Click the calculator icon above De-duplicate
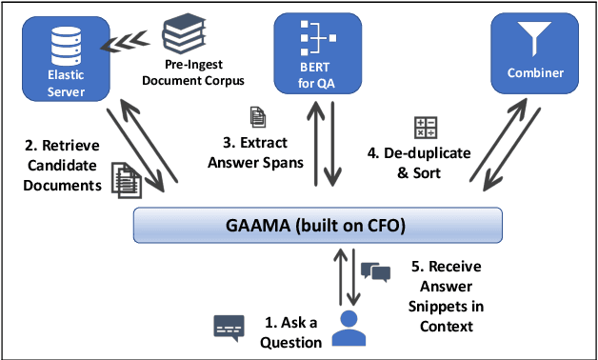(x=426, y=127)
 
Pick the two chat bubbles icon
(x=377, y=271)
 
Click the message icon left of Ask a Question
(x=228, y=327)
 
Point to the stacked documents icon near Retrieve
(x=122, y=178)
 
